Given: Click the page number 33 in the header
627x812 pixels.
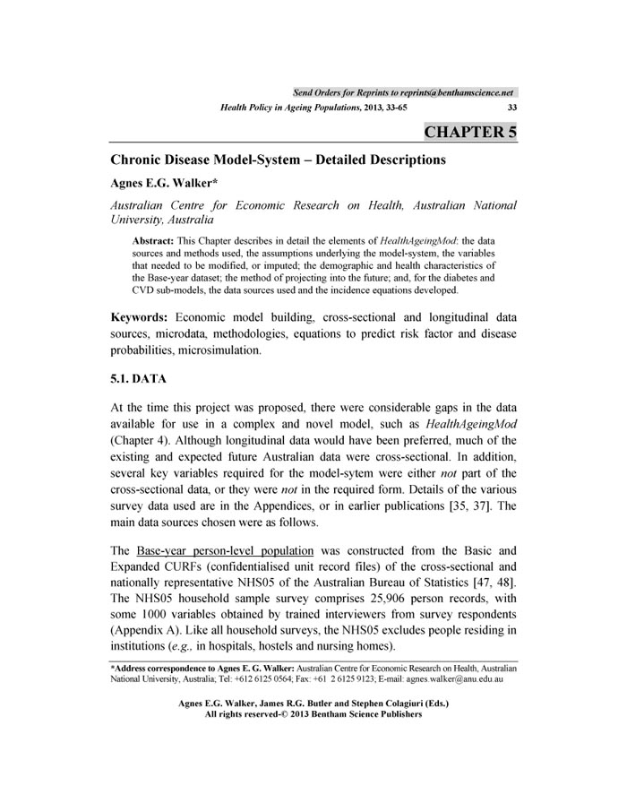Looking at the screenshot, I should [x=511, y=108].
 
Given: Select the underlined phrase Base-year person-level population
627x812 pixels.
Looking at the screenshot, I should [x=225, y=549].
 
